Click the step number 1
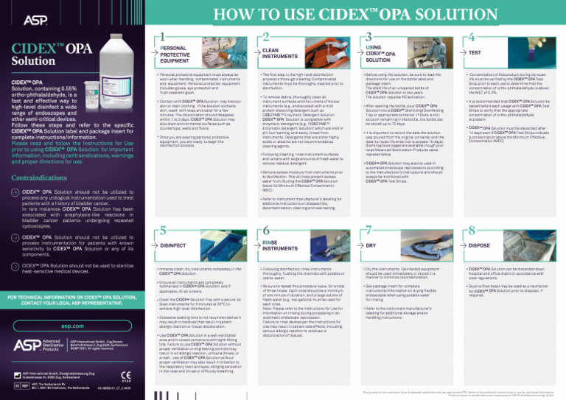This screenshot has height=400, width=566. click(158, 35)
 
